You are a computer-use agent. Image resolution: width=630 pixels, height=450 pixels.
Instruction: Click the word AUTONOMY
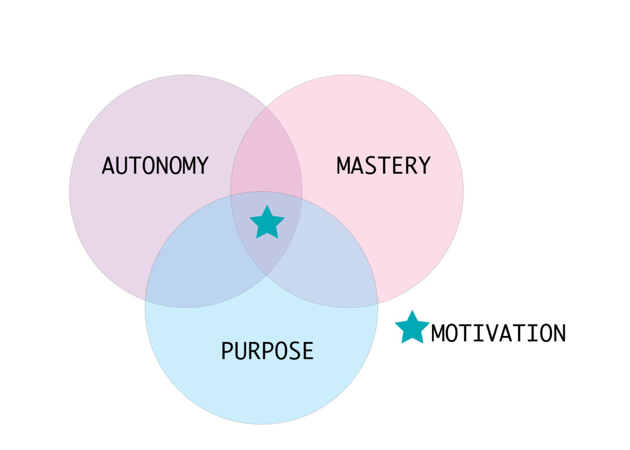tap(155, 166)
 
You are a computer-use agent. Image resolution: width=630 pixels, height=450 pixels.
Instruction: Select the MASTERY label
tap(383, 166)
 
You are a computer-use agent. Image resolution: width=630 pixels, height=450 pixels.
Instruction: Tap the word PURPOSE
tap(267, 351)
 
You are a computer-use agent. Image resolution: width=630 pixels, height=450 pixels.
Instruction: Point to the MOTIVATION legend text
tap(498, 333)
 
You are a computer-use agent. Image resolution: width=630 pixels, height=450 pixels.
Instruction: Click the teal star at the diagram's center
tap(267, 223)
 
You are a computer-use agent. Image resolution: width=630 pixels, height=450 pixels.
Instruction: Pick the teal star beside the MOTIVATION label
tap(412, 328)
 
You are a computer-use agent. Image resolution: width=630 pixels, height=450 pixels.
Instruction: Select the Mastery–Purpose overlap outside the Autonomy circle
tap(336, 252)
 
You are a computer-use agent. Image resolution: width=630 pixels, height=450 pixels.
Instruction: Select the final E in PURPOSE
tap(308, 351)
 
